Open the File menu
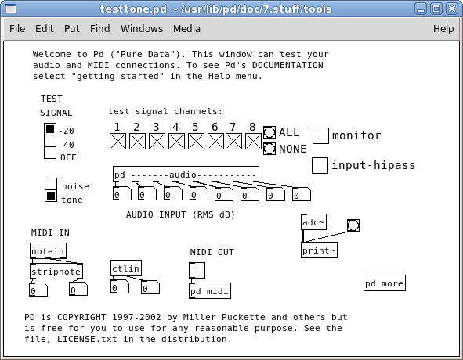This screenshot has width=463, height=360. coord(17,29)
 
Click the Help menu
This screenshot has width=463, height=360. coord(443,29)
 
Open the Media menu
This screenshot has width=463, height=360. coord(186,29)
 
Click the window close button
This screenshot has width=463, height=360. coord(452,9)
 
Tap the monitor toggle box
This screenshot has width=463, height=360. coord(320,135)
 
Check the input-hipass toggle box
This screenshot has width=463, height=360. coord(320,165)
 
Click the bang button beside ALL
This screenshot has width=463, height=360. coord(269,132)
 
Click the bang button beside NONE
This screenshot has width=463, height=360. coord(269,149)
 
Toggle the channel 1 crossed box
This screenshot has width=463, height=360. coord(118,142)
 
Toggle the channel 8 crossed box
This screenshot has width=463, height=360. coord(253,142)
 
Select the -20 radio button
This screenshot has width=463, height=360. coord(50,129)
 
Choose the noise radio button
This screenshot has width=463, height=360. coord(51,184)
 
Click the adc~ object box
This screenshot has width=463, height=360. coord(313,222)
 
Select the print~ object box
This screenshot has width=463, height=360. coord(319,250)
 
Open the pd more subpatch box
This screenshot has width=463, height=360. coord(385,283)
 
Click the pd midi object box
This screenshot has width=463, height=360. coord(210,291)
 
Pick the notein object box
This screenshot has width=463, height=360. coord(48,251)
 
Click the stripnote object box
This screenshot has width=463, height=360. coord(56,272)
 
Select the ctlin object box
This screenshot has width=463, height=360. coord(126,268)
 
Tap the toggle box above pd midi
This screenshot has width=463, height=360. coord(197,270)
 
